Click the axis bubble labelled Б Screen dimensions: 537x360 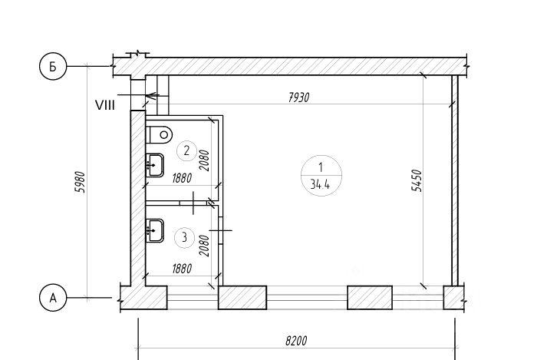53,67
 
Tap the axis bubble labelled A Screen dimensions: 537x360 53,298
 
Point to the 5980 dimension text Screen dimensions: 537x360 80,182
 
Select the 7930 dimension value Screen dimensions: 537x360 298,97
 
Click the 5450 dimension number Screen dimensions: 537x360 417,180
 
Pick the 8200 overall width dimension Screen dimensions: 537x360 296,341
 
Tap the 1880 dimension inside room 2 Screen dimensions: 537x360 182,178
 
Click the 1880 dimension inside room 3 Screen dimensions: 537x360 182,268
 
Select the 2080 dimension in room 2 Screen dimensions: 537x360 204,160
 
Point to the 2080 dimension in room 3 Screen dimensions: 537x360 204,246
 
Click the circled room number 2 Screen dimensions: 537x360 186,150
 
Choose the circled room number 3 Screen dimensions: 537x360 185,237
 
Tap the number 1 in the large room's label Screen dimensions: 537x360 321,167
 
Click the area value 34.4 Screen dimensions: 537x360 320,185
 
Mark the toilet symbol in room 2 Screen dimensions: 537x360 159,134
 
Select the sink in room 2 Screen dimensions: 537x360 155,165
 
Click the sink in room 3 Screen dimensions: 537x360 155,230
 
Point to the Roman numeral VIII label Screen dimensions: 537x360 105,105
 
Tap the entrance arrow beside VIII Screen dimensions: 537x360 137,95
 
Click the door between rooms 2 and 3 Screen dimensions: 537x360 193,203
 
